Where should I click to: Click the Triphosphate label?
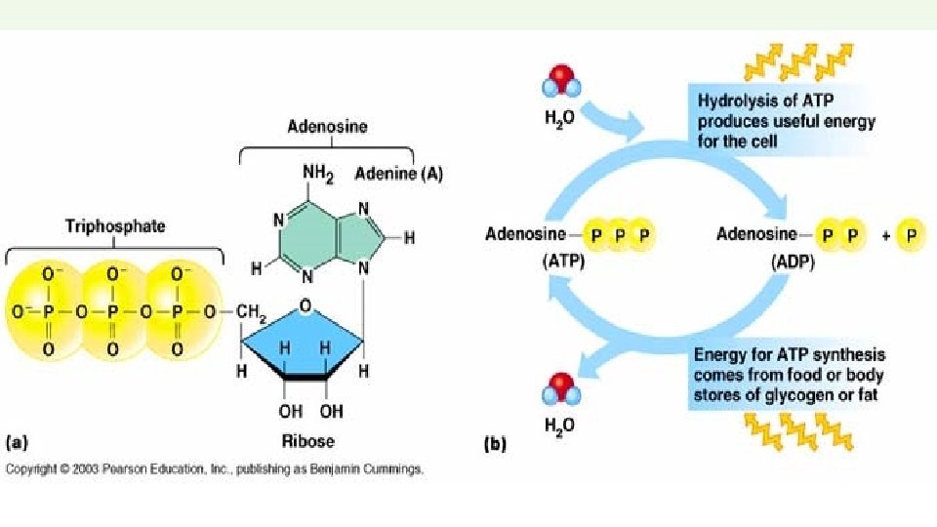[x=115, y=226]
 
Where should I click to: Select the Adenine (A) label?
[x=385, y=175]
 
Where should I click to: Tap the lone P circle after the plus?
[x=909, y=235]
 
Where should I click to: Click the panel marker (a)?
[x=18, y=442]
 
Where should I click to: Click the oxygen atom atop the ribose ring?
[x=306, y=306]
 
